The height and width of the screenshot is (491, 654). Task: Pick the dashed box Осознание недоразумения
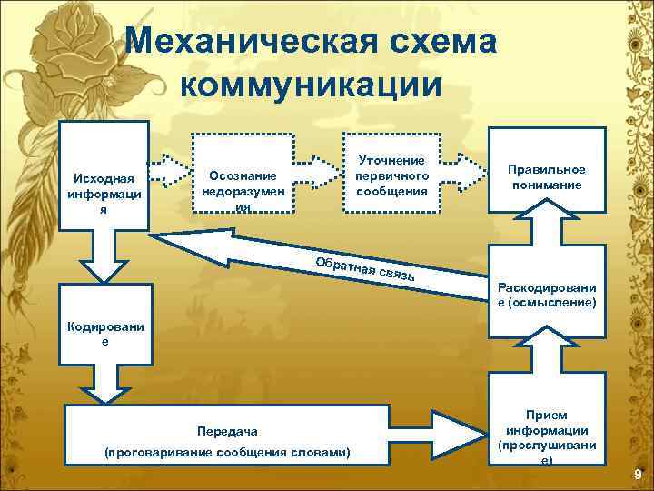243,175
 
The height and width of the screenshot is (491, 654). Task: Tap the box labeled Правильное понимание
546,176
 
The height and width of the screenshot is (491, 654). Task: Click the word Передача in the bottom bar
228,431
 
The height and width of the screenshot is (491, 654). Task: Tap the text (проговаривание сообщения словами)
228,452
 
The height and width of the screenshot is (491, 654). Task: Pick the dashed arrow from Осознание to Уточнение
318,170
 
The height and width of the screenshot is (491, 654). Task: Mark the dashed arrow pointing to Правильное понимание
465,170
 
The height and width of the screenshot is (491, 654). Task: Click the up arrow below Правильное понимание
546,230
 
